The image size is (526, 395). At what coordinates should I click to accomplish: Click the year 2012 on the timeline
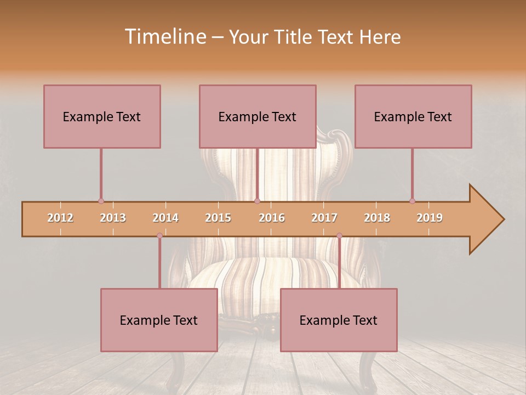60,218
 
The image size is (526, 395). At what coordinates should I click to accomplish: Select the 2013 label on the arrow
113,218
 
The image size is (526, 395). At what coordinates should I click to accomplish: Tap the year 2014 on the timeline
165,218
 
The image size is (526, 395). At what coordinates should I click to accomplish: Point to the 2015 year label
218,218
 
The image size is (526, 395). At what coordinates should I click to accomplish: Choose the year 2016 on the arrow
272,218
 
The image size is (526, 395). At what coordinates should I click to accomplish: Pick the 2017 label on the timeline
324,218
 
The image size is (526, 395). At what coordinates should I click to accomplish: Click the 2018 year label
377,218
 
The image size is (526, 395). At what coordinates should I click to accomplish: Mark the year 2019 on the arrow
430,218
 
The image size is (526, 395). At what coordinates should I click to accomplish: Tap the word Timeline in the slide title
164,37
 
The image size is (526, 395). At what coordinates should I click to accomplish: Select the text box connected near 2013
102,116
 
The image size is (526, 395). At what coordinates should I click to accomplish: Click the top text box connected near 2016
258,116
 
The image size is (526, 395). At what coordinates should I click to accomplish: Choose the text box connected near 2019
413,116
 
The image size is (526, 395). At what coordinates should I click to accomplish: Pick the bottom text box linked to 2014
159,320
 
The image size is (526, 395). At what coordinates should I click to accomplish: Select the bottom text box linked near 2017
339,320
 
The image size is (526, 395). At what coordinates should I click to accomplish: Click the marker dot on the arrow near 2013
101,201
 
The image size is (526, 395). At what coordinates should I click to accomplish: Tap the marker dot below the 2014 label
159,236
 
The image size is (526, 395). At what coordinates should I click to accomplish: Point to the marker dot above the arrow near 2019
412,201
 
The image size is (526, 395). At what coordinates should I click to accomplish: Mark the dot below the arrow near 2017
339,236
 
